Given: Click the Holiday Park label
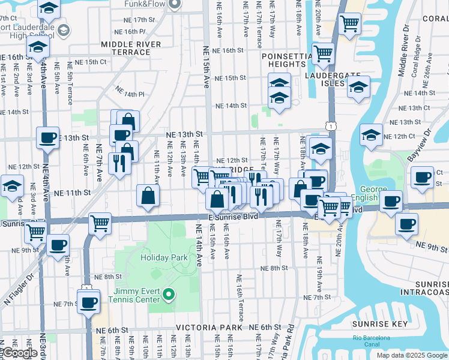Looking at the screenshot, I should [164, 258].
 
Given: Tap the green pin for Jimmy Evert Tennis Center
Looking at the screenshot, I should [169, 294].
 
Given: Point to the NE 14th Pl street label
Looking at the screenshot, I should [130, 94].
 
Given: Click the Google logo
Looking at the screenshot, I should [19, 353].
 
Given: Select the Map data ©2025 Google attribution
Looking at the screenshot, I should [411, 355].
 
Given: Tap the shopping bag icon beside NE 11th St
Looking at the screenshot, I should [148, 195].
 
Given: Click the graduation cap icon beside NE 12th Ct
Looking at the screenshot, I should [372, 136].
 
